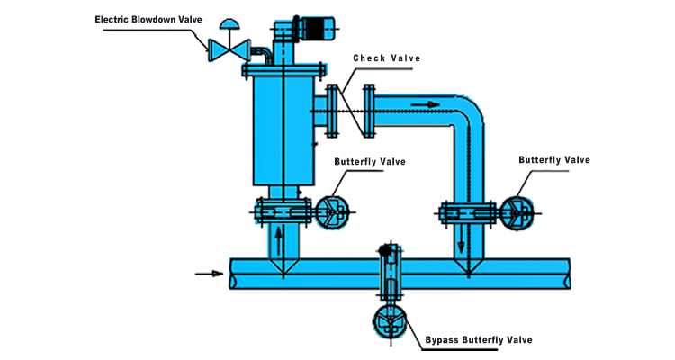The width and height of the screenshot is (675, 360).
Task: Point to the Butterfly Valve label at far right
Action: pos(554,159)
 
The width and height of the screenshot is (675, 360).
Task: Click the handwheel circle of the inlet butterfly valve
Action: pos(332,212)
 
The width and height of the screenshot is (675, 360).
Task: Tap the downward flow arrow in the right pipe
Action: pos(461,240)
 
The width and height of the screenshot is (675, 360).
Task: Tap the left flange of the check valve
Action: pos(332,111)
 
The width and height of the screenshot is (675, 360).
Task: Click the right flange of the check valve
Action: pos(369,111)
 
